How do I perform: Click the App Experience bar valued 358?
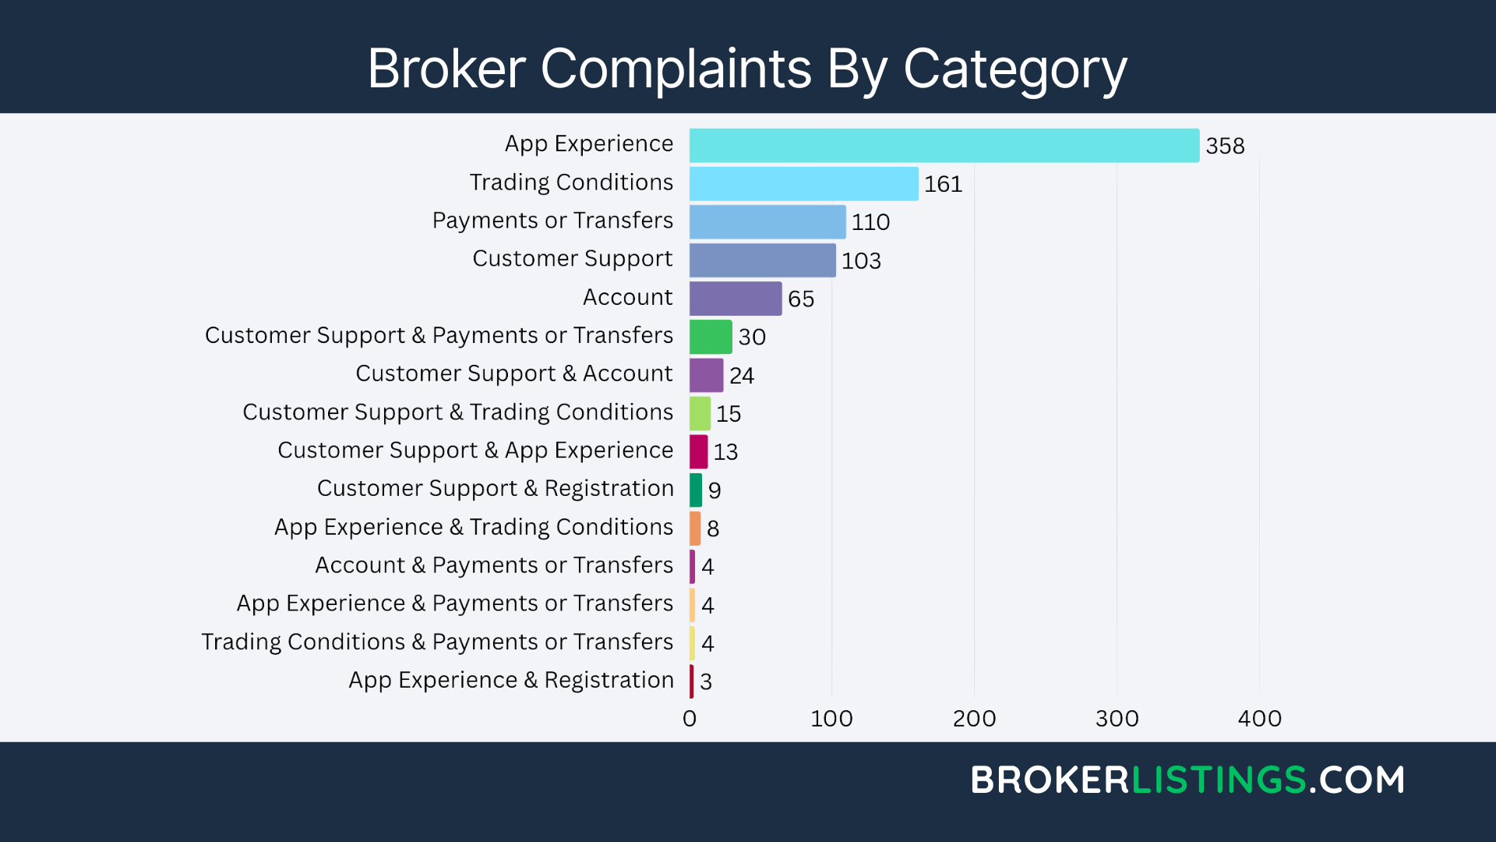pyautogui.click(x=944, y=146)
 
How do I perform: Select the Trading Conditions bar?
pyautogui.click(x=803, y=184)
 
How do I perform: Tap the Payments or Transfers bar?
pyautogui.click(x=767, y=222)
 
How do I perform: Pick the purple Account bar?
pyautogui.click(x=736, y=299)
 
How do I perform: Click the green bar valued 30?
pyautogui.click(x=711, y=337)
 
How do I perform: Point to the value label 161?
pyautogui.click(x=943, y=184)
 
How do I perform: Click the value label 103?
pyautogui.click(x=861, y=260)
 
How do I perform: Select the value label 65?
pyautogui.click(x=801, y=299)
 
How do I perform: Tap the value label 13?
pyautogui.click(x=725, y=452)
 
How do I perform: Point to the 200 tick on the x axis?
pyautogui.click(x=974, y=719)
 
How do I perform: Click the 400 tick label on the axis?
pyautogui.click(x=1259, y=719)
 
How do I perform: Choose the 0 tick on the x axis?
pyautogui.click(x=690, y=719)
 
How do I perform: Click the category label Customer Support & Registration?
pyautogui.click(x=495, y=489)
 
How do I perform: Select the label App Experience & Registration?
pyautogui.click(x=511, y=681)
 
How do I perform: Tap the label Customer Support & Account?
pyautogui.click(x=513, y=374)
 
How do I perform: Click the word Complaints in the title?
pyautogui.click(x=676, y=69)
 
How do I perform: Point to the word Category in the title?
pyautogui.click(x=1014, y=69)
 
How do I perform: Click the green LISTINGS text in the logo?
pyautogui.click(x=1219, y=780)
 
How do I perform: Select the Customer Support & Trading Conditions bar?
pyautogui.click(x=700, y=414)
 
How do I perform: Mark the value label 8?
pyautogui.click(x=713, y=529)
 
